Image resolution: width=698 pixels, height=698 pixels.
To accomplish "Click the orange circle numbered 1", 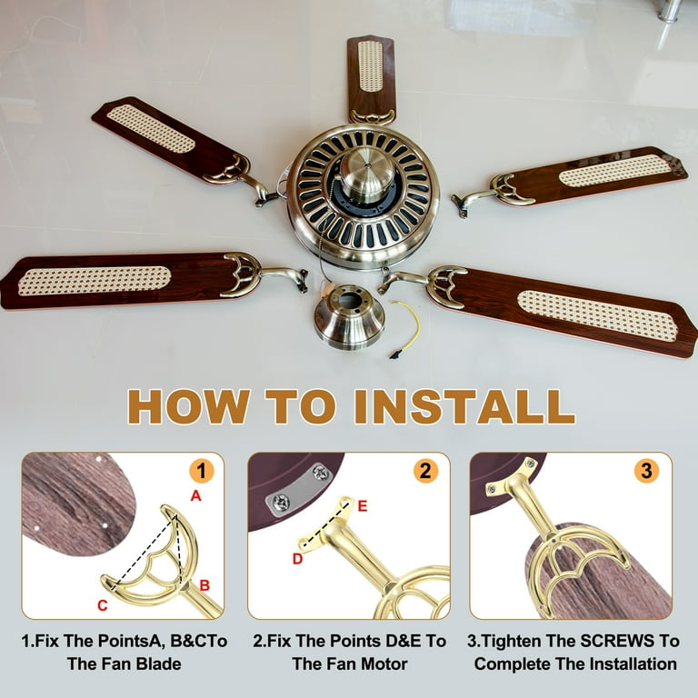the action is tap(202, 471).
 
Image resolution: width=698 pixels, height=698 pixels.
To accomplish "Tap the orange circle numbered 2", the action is tap(425, 471).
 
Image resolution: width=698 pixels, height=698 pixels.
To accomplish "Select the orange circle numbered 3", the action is tap(646, 471).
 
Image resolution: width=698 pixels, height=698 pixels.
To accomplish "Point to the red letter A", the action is tap(196, 495).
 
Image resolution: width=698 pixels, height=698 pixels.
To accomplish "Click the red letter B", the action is tap(204, 585).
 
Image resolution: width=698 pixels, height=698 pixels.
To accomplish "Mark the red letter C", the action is tap(103, 605).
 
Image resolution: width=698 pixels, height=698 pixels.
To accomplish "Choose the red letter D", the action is tap(297, 559).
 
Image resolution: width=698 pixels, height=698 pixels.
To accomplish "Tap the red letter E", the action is tap(363, 506).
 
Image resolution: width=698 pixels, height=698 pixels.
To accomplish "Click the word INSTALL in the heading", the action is tap(464, 406).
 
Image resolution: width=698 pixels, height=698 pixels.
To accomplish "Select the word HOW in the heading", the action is tap(188, 406).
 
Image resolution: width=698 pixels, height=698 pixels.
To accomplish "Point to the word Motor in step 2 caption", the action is tap(384, 663).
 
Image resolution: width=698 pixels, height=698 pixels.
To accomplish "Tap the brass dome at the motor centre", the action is tap(368, 173).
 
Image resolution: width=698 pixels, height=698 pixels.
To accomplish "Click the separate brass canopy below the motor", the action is tap(349, 316).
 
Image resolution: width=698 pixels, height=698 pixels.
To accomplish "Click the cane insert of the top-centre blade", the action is tap(370, 66).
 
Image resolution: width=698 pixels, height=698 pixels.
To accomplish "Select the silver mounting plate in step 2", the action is tap(299, 489).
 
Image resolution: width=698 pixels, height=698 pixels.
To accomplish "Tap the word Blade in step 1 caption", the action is tap(158, 663).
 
